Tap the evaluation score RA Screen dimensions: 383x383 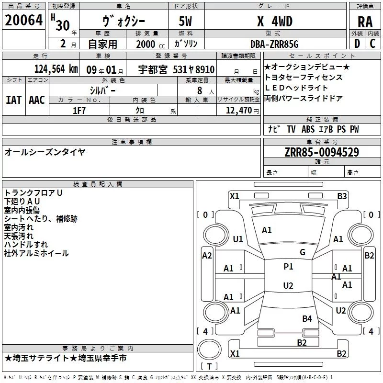(365, 23)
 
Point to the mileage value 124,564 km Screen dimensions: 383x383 (56, 69)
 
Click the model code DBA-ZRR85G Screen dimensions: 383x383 (274, 44)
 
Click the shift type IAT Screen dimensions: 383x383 (13, 100)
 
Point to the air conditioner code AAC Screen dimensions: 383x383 (37, 100)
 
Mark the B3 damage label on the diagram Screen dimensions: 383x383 (342, 196)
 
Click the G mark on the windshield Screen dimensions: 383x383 (303, 252)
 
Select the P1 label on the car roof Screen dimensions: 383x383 (288, 267)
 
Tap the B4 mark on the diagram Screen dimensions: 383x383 (307, 318)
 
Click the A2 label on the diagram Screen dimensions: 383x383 (207, 256)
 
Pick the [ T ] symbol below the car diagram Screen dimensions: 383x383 (209, 366)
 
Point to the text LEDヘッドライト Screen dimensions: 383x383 (296, 88)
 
